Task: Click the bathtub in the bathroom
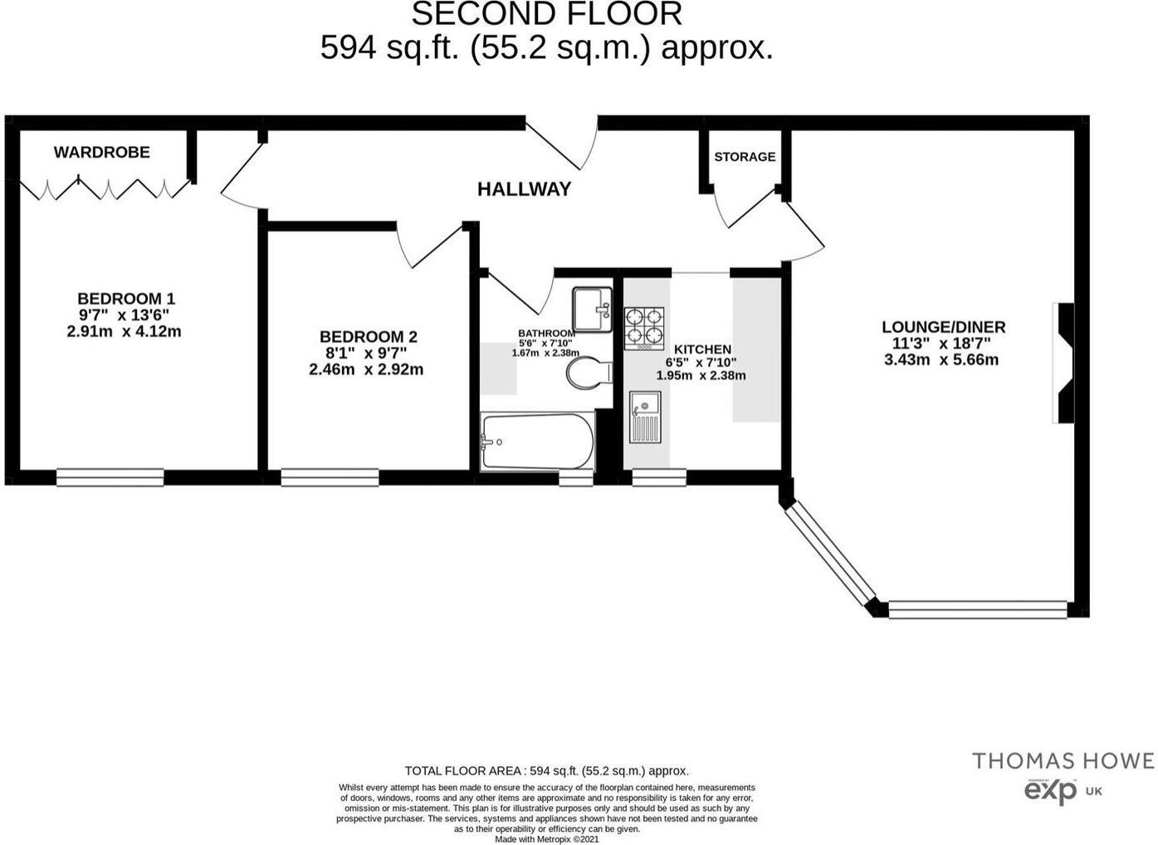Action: [x=537, y=442]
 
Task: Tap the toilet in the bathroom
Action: [x=588, y=373]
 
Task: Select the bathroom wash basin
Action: [x=591, y=309]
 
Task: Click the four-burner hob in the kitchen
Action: [x=645, y=326]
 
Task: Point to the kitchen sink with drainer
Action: [x=645, y=418]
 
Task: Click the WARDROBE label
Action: [x=101, y=152]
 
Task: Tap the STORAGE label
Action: [x=745, y=157]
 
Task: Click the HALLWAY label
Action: [x=524, y=189]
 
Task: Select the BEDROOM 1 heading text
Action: [x=126, y=299]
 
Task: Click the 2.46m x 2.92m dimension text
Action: [x=366, y=369]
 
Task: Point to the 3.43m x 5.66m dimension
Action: [x=941, y=359]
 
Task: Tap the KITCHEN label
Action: [x=702, y=349]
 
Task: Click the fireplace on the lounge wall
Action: [x=1063, y=363]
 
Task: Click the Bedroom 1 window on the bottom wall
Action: [x=110, y=477]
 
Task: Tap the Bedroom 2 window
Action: [x=330, y=477]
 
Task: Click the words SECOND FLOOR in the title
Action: [x=546, y=14]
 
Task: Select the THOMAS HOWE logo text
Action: [x=1063, y=761]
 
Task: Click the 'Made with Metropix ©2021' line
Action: [x=546, y=839]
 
